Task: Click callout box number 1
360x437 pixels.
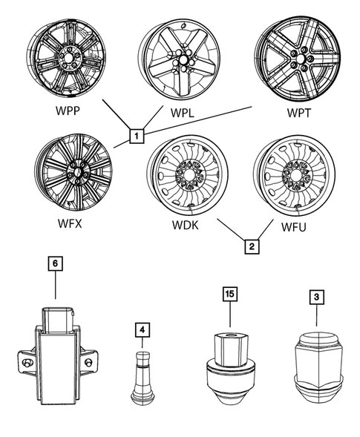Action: [136, 136]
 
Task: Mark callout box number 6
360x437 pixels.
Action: [54, 263]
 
